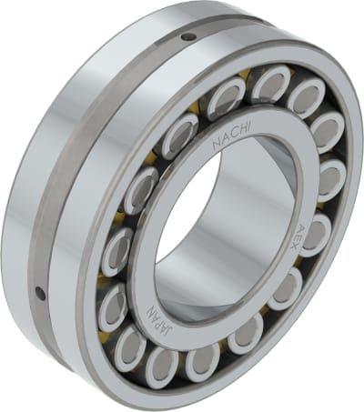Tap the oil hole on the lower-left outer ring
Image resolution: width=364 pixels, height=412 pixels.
pos(40,293)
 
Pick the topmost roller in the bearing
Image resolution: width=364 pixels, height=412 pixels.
pos(270,84)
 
